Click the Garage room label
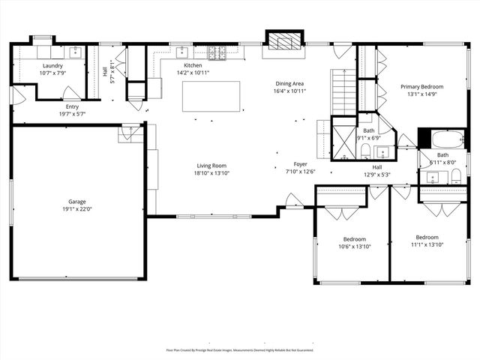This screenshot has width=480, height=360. click(78, 202)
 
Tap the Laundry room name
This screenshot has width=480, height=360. click(52, 66)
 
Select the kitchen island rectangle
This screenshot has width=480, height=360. click(211, 96)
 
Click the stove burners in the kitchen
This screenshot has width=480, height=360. click(216, 52)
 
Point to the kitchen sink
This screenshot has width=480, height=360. click(182, 52)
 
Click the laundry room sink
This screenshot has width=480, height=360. click(76, 52)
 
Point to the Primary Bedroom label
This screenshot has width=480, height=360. click(421, 86)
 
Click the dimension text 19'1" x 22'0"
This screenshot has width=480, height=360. click(78, 209)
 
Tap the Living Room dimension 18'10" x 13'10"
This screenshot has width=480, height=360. click(211, 173)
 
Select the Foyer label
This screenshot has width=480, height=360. click(300, 163)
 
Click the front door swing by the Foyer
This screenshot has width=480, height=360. click(294, 200)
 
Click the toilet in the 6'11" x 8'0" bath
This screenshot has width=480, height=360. click(455, 177)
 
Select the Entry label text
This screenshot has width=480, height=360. click(72, 106)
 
